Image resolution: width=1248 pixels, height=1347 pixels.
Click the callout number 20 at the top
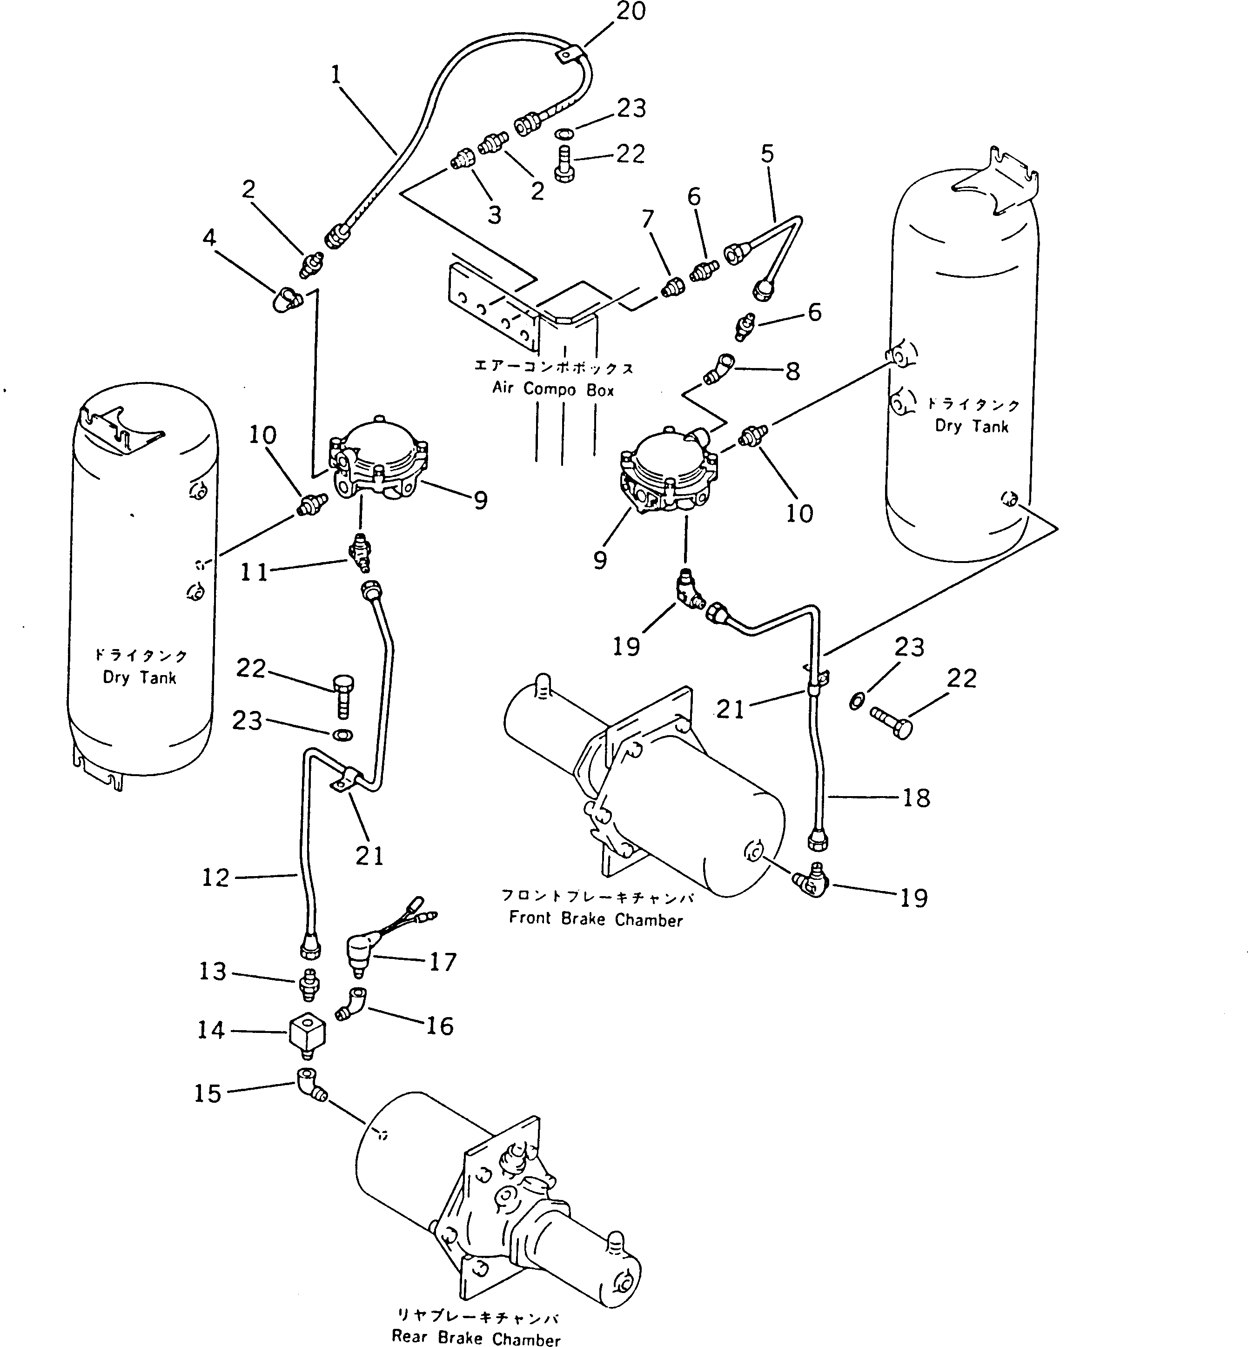[631, 12]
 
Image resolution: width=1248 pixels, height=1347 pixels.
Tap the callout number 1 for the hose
[335, 75]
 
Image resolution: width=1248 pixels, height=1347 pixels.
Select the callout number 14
[211, 1030]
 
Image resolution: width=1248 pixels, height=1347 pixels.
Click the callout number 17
[443, 961]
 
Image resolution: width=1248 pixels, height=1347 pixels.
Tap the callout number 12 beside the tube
[215, 878]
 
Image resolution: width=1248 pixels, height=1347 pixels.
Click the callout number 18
[916, 798]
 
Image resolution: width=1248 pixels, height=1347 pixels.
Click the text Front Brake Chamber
[596, 919]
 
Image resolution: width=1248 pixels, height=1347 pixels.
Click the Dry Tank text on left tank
[139, 677]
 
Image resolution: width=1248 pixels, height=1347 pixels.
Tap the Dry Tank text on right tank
[971, 426]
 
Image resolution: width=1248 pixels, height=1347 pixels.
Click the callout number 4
[209, 238]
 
